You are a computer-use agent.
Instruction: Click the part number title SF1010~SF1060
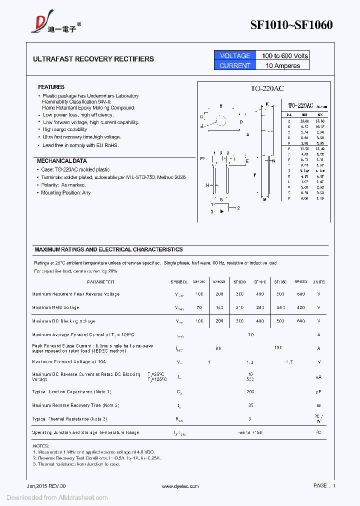click(x=291, y=25)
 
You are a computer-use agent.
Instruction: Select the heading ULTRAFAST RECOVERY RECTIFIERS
click(x=93, y=59)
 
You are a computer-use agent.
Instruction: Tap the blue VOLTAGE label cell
click(x=234, y=55)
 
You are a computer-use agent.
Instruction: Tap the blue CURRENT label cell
click(x=234, y=65)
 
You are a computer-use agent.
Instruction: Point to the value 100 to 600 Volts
click(x=284, y=55)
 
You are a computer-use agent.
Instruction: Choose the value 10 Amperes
click(x=283, y=65)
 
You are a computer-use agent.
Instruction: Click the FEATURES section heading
click(x=51, y=87)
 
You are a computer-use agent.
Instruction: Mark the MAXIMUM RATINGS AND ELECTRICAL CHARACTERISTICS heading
click(x=108, y=249)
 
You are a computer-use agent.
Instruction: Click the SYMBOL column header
click(x=179, y=282)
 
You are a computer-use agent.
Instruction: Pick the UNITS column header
click(x=318, y=282)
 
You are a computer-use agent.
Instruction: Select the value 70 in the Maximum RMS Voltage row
click(x=199, y=307)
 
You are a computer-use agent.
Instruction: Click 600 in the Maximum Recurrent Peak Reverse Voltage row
click(x=300, y=294)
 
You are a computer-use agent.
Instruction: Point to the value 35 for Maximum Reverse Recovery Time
click(x=250, y=405)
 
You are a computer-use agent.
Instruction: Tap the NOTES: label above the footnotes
click(x=40, y=445)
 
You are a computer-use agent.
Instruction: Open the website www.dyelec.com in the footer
click(x=180, y=486)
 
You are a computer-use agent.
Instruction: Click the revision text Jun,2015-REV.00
click(x=46, y=486)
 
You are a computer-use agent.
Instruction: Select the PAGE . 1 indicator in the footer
click(x=324, y=485)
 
